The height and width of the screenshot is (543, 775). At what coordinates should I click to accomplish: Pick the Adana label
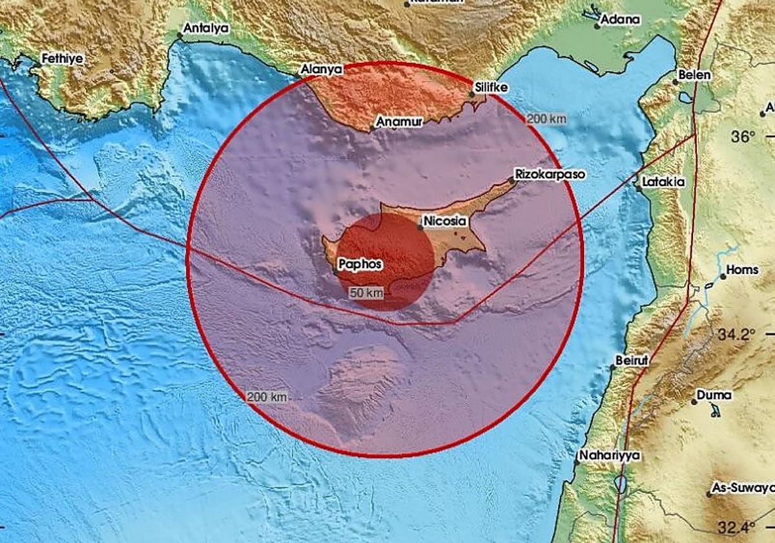point(620,19)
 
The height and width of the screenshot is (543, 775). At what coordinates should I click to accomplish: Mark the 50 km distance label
point(366,293)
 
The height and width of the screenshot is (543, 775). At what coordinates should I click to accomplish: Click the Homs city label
point(743,270)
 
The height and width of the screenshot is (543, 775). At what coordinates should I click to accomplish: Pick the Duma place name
point(714,395)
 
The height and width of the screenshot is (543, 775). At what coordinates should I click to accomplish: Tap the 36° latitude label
point(743,137)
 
